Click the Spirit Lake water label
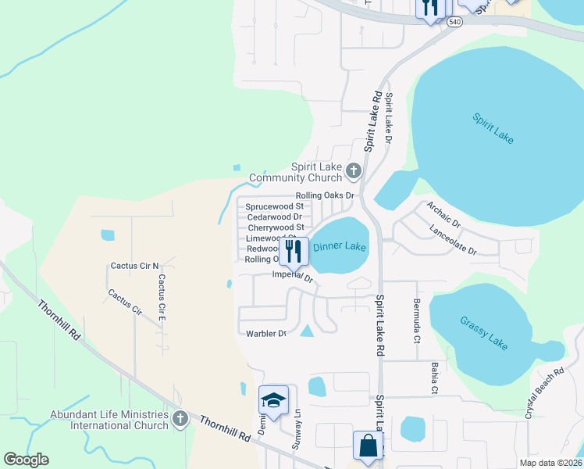click(x=493, y=127)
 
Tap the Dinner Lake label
click(x=339, y=247)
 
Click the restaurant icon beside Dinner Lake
click(x=294, y=252)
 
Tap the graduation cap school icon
click(x=273, y=401)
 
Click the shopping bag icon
click(x=368, y=446)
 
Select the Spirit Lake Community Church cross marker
click(x=354, y=170)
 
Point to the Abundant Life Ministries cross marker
click(x=180, y=419)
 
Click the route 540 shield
click(x=454, y=23)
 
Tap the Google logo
click(x=26, y=460)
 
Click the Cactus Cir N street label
click(x=134, y=266)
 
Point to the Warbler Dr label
click(x=266, y=334)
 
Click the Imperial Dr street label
click(x=293, y=277)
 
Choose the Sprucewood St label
click(x=274, y=206)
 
